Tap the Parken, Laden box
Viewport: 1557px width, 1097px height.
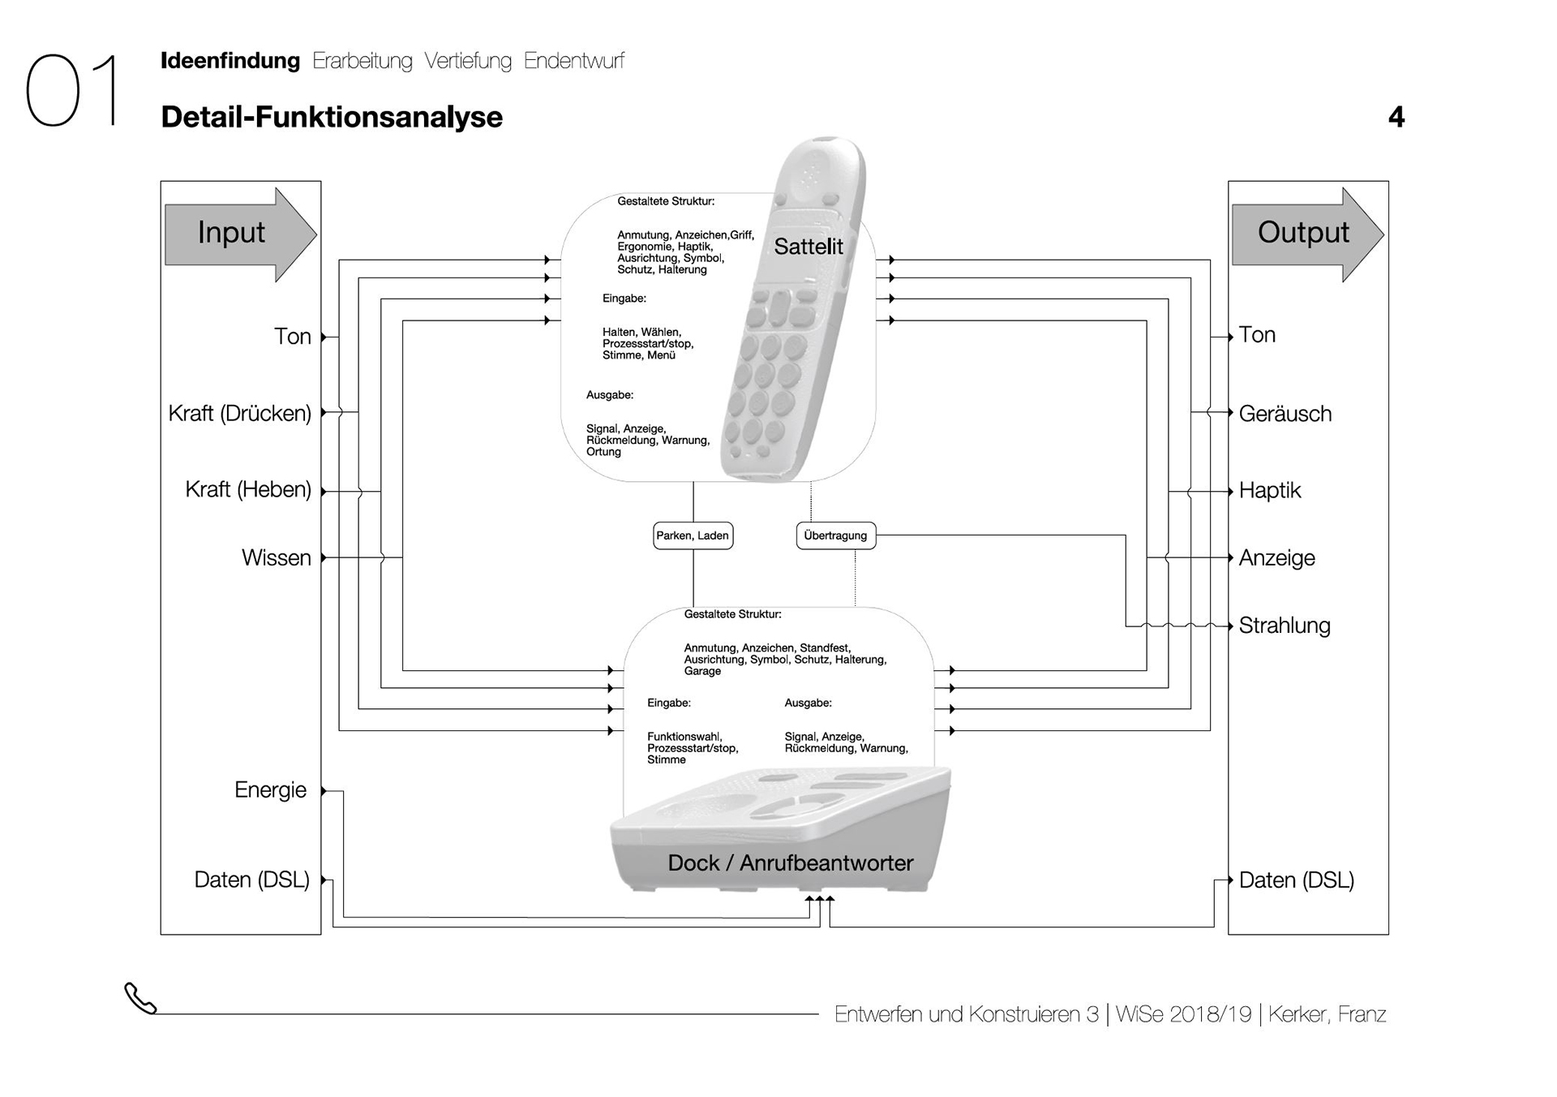[693, 536]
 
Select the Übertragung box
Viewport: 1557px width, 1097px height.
[835, 536]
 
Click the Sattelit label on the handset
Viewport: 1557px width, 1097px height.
[808, 247]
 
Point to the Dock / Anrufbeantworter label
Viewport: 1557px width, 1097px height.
[790, 863]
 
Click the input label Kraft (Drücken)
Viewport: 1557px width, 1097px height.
[239, 413]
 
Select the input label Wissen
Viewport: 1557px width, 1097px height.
[276, 557]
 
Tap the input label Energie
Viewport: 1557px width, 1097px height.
[270, 789]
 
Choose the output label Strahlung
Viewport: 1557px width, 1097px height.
[1284, 626]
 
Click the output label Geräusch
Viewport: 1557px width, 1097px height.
[1285, 414]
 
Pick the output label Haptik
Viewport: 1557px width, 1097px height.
[1269, 490]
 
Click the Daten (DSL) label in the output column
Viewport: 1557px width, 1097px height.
[1296, 880]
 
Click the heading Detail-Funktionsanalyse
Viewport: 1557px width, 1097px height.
[332, 117]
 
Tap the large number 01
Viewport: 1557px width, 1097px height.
[72, 91]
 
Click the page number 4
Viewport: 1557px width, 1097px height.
[1396, 118]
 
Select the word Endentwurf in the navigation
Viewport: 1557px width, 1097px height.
[573, 61]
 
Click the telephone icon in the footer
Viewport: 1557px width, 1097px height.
[140, 999]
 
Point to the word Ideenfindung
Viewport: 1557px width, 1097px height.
[230, 61]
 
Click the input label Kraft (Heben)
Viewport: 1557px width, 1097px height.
[247, 489]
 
